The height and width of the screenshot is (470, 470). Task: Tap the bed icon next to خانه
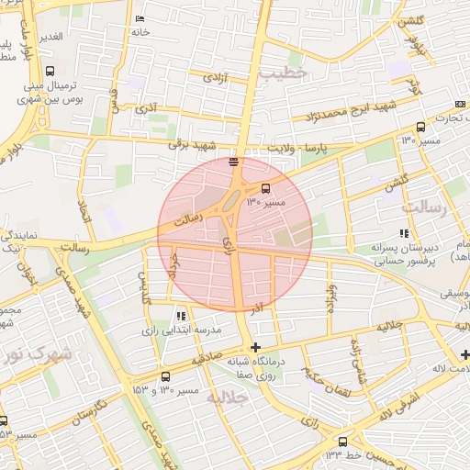140,19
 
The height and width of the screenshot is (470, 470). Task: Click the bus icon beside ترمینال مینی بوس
48,70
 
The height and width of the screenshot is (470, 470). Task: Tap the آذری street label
145,108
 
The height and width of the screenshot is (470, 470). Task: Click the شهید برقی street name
190,143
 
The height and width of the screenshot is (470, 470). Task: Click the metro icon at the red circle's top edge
234,162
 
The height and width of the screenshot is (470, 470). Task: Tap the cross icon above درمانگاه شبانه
255,347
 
